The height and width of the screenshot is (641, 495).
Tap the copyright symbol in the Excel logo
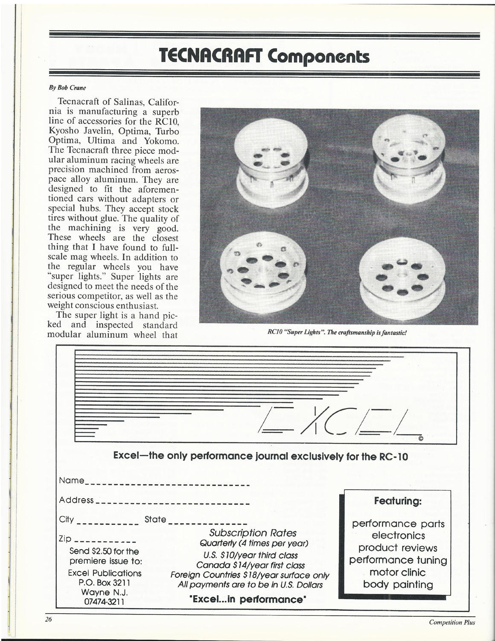click(421, 439)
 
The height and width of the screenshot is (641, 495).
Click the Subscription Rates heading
click(253, 533)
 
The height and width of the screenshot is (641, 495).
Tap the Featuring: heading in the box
click(398, 501)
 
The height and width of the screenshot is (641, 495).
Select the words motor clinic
click(397, 572)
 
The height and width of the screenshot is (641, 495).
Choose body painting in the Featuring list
click(398, 585)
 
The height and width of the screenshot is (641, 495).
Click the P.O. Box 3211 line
click(105, 583)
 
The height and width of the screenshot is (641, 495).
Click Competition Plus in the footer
click(452, 622)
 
